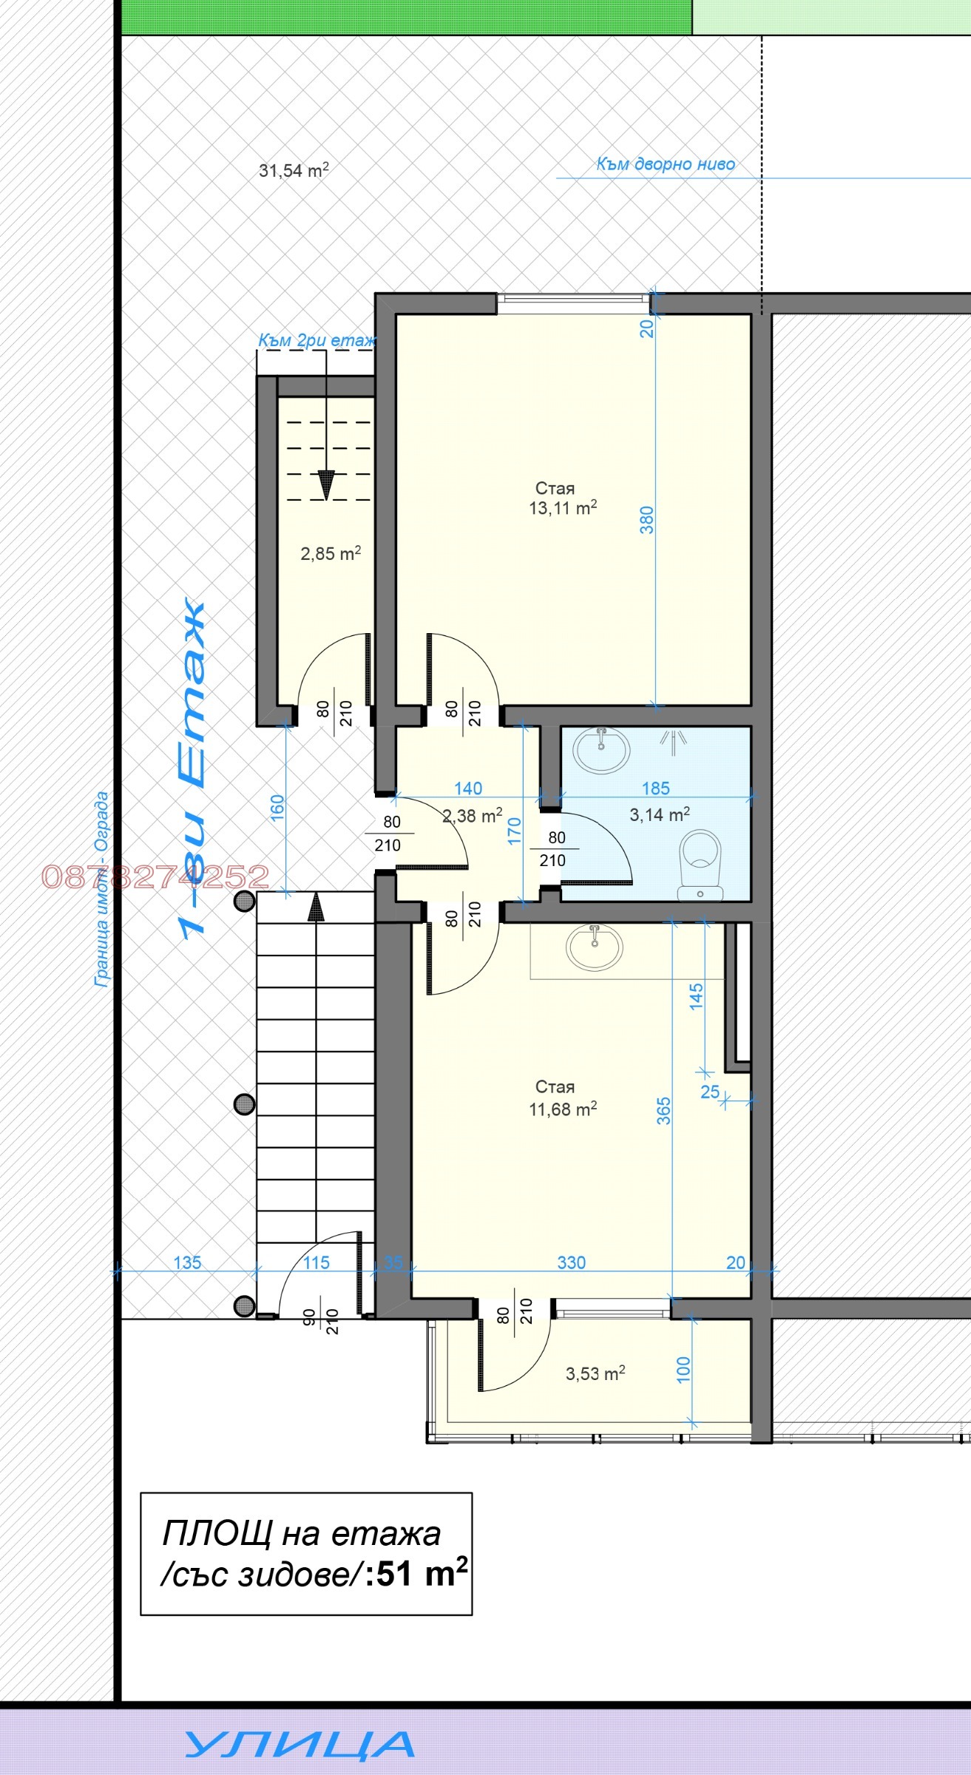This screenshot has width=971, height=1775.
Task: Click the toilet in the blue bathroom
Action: (x=700, y=864)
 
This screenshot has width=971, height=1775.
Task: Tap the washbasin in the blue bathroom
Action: (x=601, y=749)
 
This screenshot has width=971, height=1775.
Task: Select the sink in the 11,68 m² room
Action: (x=594, y=947)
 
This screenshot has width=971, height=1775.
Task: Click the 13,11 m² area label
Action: (x=562, y=508)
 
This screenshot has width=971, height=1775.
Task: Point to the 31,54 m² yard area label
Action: (x=294, y=170)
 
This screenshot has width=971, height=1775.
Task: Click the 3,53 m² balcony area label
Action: (x=595, y=1373)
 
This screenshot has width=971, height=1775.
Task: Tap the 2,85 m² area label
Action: (x=331, y=553)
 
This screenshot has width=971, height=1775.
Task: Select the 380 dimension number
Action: (x=647, y=520)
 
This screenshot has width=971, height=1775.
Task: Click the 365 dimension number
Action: (x=664, y=1111)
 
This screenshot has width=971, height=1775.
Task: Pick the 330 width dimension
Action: (x=571, y=1262)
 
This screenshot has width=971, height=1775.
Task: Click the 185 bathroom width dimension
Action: (x=655, y=788)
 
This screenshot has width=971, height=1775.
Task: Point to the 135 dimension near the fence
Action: (x=187, y=1262)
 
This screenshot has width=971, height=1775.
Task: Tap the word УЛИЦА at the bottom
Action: (x=300, y=1745)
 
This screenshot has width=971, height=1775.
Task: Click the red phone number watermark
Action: (x=155, y=877)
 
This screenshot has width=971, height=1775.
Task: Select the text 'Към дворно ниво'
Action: (x=666, y=164)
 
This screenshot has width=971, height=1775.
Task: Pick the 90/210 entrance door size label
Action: (x=321, y=1321)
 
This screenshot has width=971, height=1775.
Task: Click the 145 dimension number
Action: (x=696, y=996)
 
